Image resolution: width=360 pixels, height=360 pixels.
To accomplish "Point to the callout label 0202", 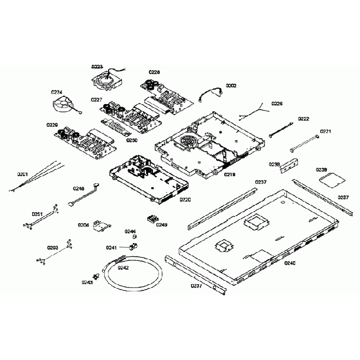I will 231,85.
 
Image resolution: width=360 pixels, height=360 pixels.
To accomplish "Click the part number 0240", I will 290,263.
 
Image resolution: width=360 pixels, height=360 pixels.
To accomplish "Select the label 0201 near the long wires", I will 22,174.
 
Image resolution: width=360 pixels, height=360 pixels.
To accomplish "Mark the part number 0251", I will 37,214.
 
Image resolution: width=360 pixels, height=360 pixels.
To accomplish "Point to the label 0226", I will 277,104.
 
